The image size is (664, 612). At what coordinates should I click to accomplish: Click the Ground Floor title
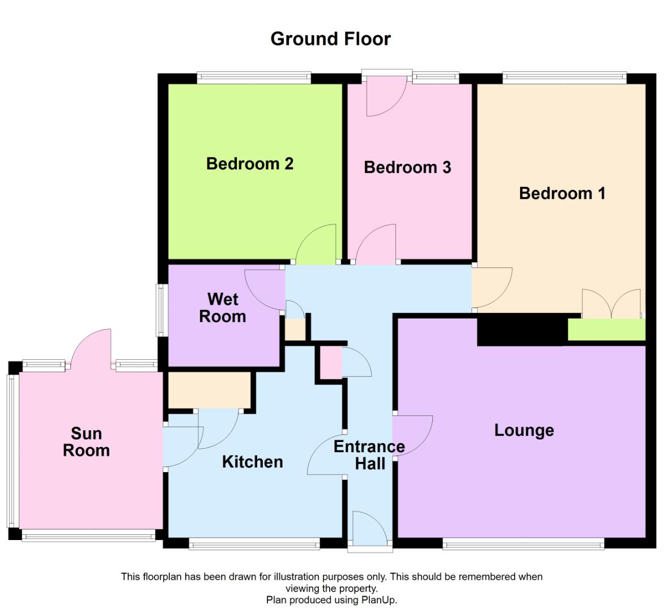[330, 39]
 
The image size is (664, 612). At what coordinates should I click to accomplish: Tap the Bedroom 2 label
[249, 164]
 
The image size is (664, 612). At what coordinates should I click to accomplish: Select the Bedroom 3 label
[407, 167]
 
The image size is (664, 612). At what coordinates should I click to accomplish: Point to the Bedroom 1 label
[562, 193]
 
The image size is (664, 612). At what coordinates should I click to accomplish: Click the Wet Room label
[223, 308]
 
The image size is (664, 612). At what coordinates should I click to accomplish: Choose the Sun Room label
[86, 442]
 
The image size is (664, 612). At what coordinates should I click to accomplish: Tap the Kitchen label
[252, 462]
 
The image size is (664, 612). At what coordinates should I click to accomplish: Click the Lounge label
[524, 430]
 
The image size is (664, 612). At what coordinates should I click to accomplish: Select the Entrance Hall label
[369, 455]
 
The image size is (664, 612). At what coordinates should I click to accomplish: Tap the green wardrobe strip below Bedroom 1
[606, 330]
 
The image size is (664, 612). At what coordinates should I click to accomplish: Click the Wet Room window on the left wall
[161, 309]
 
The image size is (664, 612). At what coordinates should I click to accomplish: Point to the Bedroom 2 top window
[254, 78]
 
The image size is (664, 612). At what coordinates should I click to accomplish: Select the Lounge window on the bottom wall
[523, 545]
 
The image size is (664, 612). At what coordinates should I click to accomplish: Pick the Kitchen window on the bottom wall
[254, 545]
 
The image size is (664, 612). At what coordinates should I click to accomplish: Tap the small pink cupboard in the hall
[331, 362]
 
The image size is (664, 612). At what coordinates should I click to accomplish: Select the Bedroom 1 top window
[564, 78]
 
